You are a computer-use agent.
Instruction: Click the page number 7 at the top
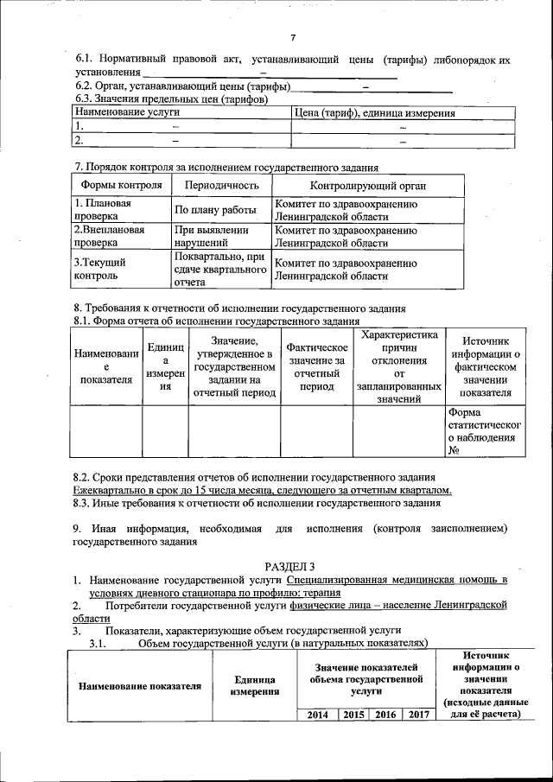tap(293, 36)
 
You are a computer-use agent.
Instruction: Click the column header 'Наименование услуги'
tap(128, 112)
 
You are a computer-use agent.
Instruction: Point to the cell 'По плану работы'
tap(216, 210)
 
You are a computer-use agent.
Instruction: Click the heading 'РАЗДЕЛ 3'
tap(289, 565)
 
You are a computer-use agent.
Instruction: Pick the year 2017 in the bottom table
tap(419, 715)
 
